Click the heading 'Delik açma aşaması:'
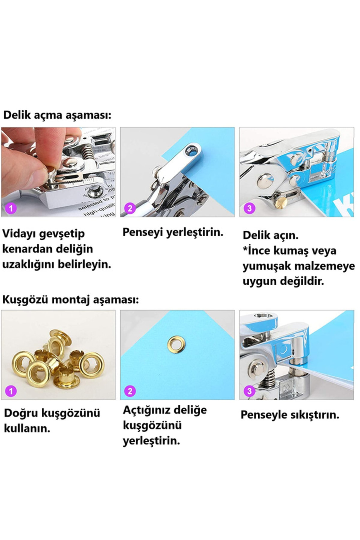click(57, 115)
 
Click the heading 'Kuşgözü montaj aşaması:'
click(71, 299)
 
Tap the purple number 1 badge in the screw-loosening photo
click(11, 208)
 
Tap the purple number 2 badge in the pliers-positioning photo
click(130, 208)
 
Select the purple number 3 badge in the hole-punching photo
click(250, 208)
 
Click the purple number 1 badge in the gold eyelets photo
click(11, 391)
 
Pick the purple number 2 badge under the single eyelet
click(130, 391)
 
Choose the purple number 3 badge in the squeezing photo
click(250, 391)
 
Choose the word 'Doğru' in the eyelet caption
click(21, 413)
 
